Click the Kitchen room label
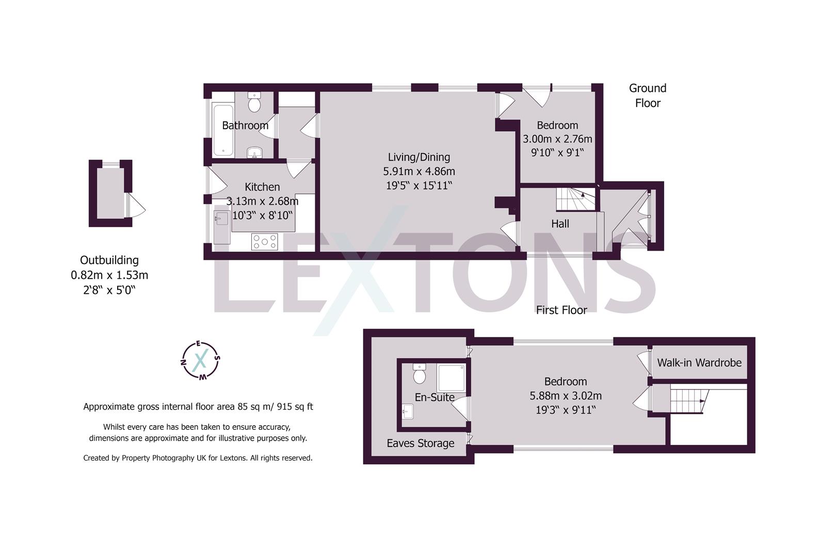262,187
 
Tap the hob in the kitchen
264,241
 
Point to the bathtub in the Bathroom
223,131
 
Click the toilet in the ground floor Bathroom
254,103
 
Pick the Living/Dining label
419,157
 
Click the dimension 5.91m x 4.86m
419,171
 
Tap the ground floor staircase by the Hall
575,199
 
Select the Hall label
560,224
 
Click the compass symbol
201,360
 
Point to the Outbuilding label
109,260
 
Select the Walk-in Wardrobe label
699,363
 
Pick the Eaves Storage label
421,443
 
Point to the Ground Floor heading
648,96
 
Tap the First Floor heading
561,310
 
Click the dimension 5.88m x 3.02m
566,396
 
